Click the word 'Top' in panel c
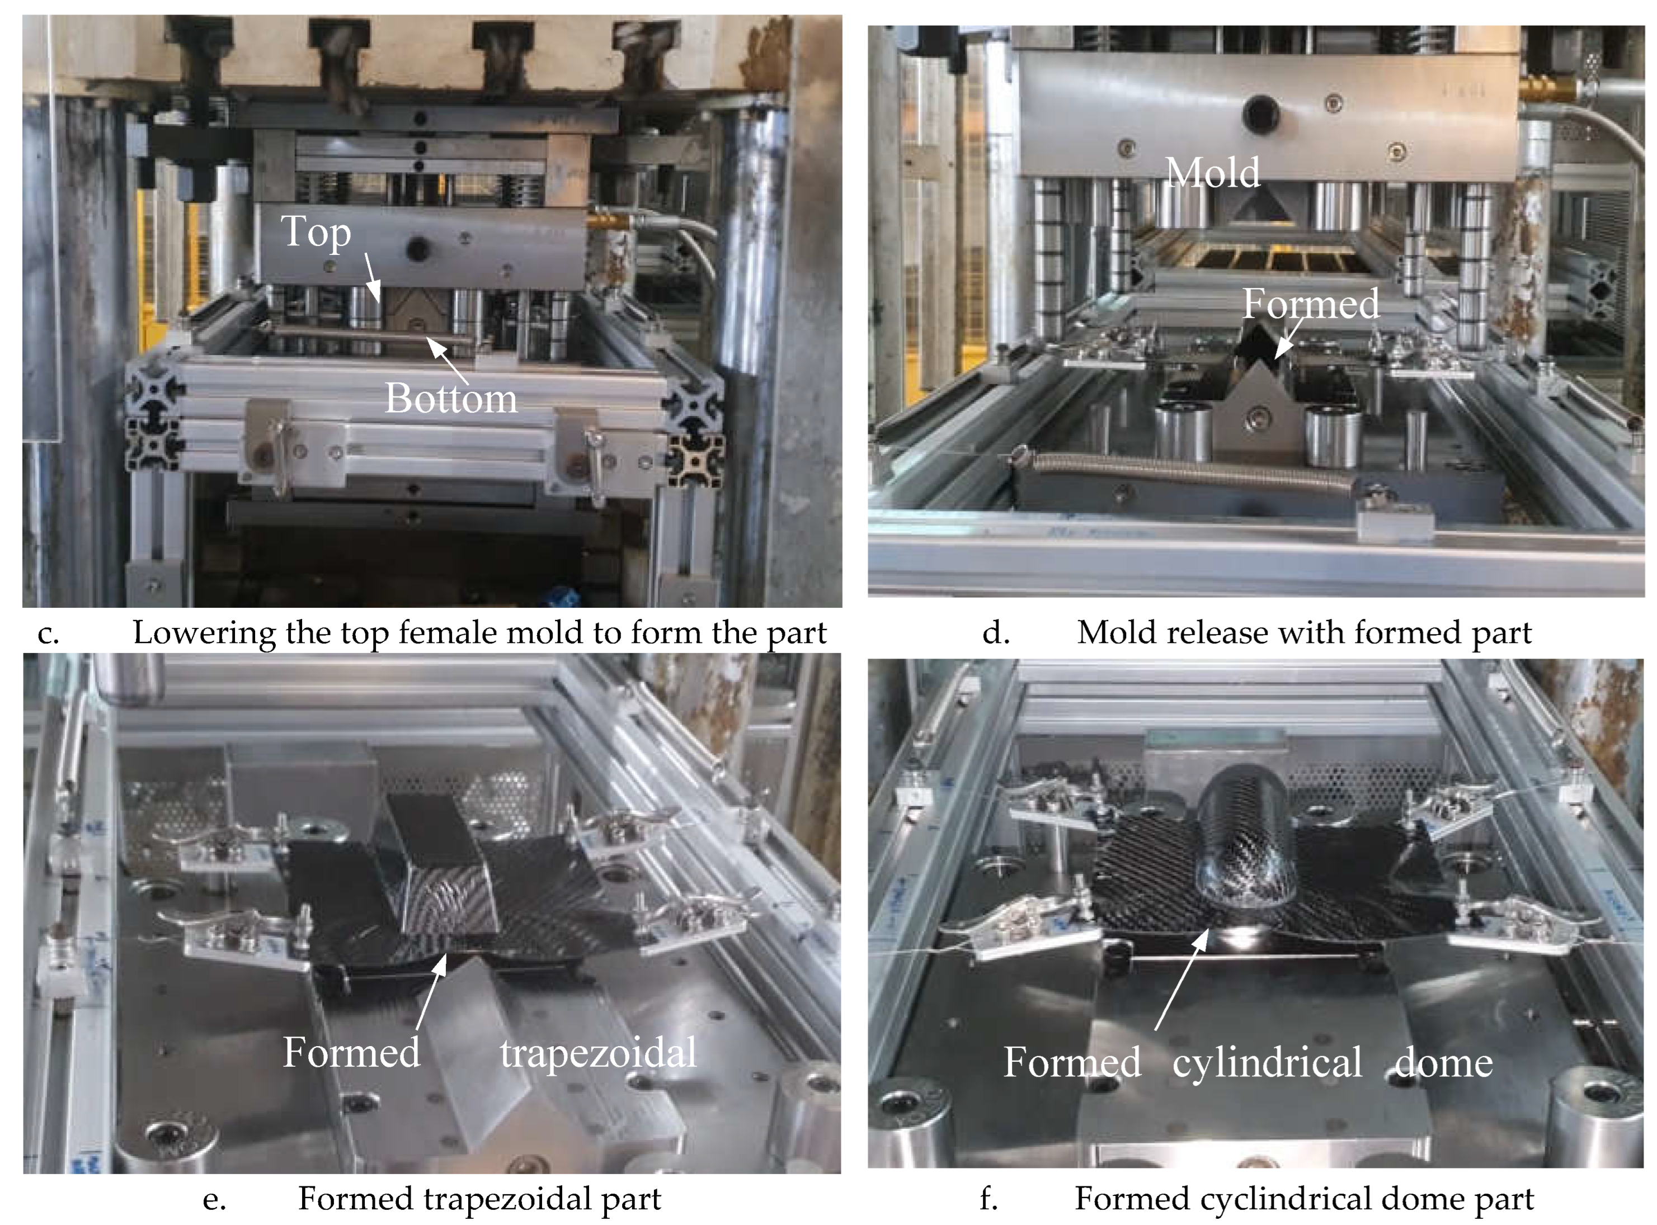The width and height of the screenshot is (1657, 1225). point(316,233)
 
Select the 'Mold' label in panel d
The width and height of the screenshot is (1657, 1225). point(1213,173)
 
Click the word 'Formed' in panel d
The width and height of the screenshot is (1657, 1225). point(1311,303)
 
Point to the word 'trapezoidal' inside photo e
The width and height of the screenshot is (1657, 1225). point(599,1053)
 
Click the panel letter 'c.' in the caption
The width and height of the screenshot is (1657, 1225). point(48,634)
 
